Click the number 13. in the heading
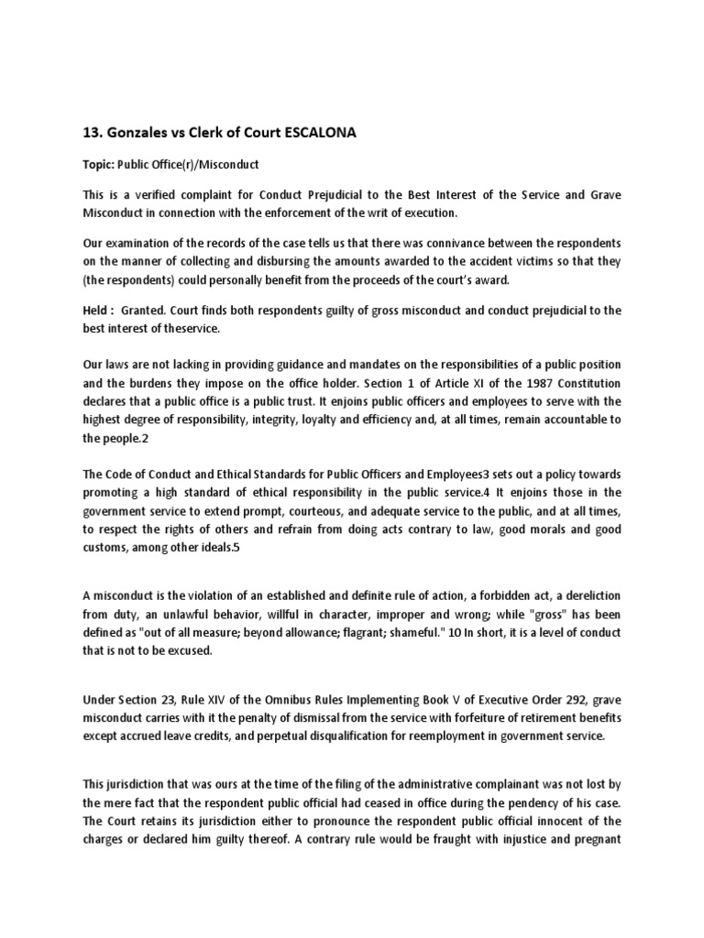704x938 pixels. pos(94,133)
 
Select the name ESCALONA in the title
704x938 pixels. pos(315,133)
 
